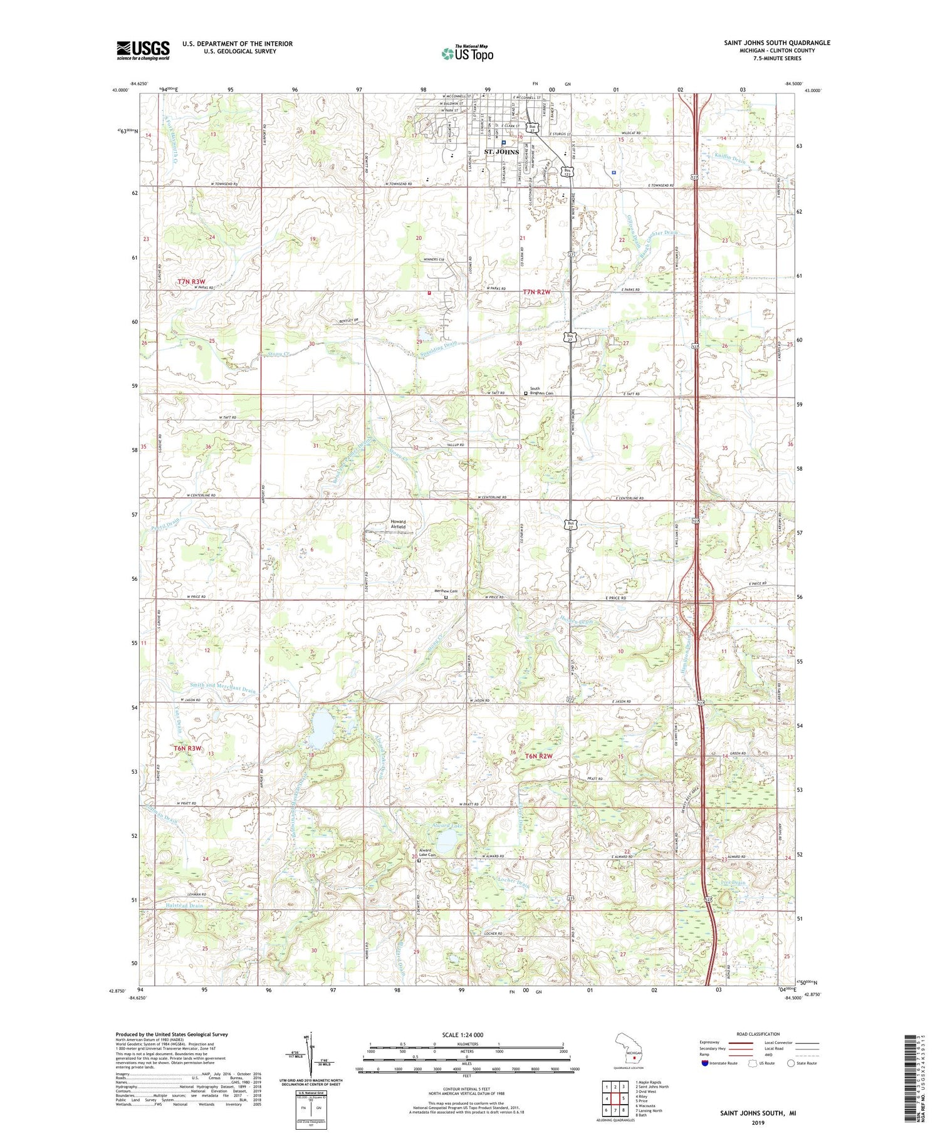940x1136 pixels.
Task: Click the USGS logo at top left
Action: pos(143,50)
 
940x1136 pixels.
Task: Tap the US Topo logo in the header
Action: pos(467,54)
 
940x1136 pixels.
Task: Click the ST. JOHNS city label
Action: pos(501,152)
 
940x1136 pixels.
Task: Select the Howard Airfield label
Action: pos(398,524)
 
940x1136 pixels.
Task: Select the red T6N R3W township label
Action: pos(187,748)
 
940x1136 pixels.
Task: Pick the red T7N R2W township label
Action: pos(536,292)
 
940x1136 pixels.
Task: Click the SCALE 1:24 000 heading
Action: pos(467,1034)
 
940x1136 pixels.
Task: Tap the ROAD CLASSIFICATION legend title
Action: pos(758,1034)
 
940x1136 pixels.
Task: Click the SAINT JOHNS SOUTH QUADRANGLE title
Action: pos(777,43)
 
